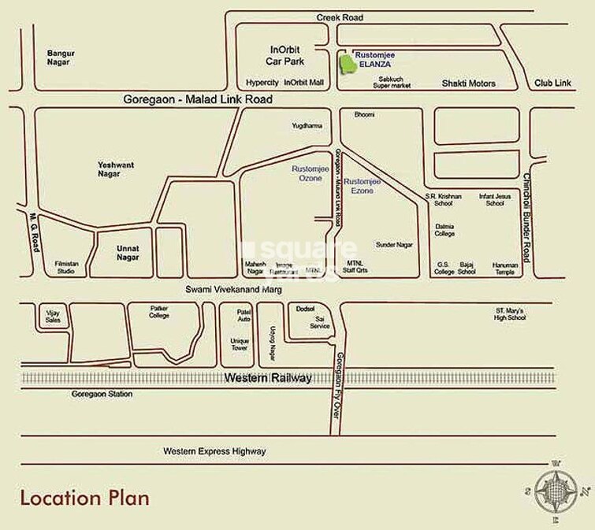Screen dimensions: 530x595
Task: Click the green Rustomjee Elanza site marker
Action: (x=346, y=65)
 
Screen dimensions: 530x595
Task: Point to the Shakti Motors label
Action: (x=468, y=83)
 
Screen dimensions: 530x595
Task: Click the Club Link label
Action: (x=552, y=83)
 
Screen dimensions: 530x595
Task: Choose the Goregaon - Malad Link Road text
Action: (x=198, y=100)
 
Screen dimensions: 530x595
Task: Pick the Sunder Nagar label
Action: (x=394, y=245)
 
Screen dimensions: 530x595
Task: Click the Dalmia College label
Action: (x=445, y=229)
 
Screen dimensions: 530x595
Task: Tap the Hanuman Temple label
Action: (x=504, y=269)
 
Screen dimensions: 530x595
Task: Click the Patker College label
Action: (x=159, y=312)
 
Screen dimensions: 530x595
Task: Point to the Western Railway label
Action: (x=268, y=378)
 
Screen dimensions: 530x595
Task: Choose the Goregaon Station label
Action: (x=102, y=394)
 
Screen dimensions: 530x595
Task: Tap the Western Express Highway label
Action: (x=214, y=451)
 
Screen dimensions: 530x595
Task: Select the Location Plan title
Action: (x=84, y=498)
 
